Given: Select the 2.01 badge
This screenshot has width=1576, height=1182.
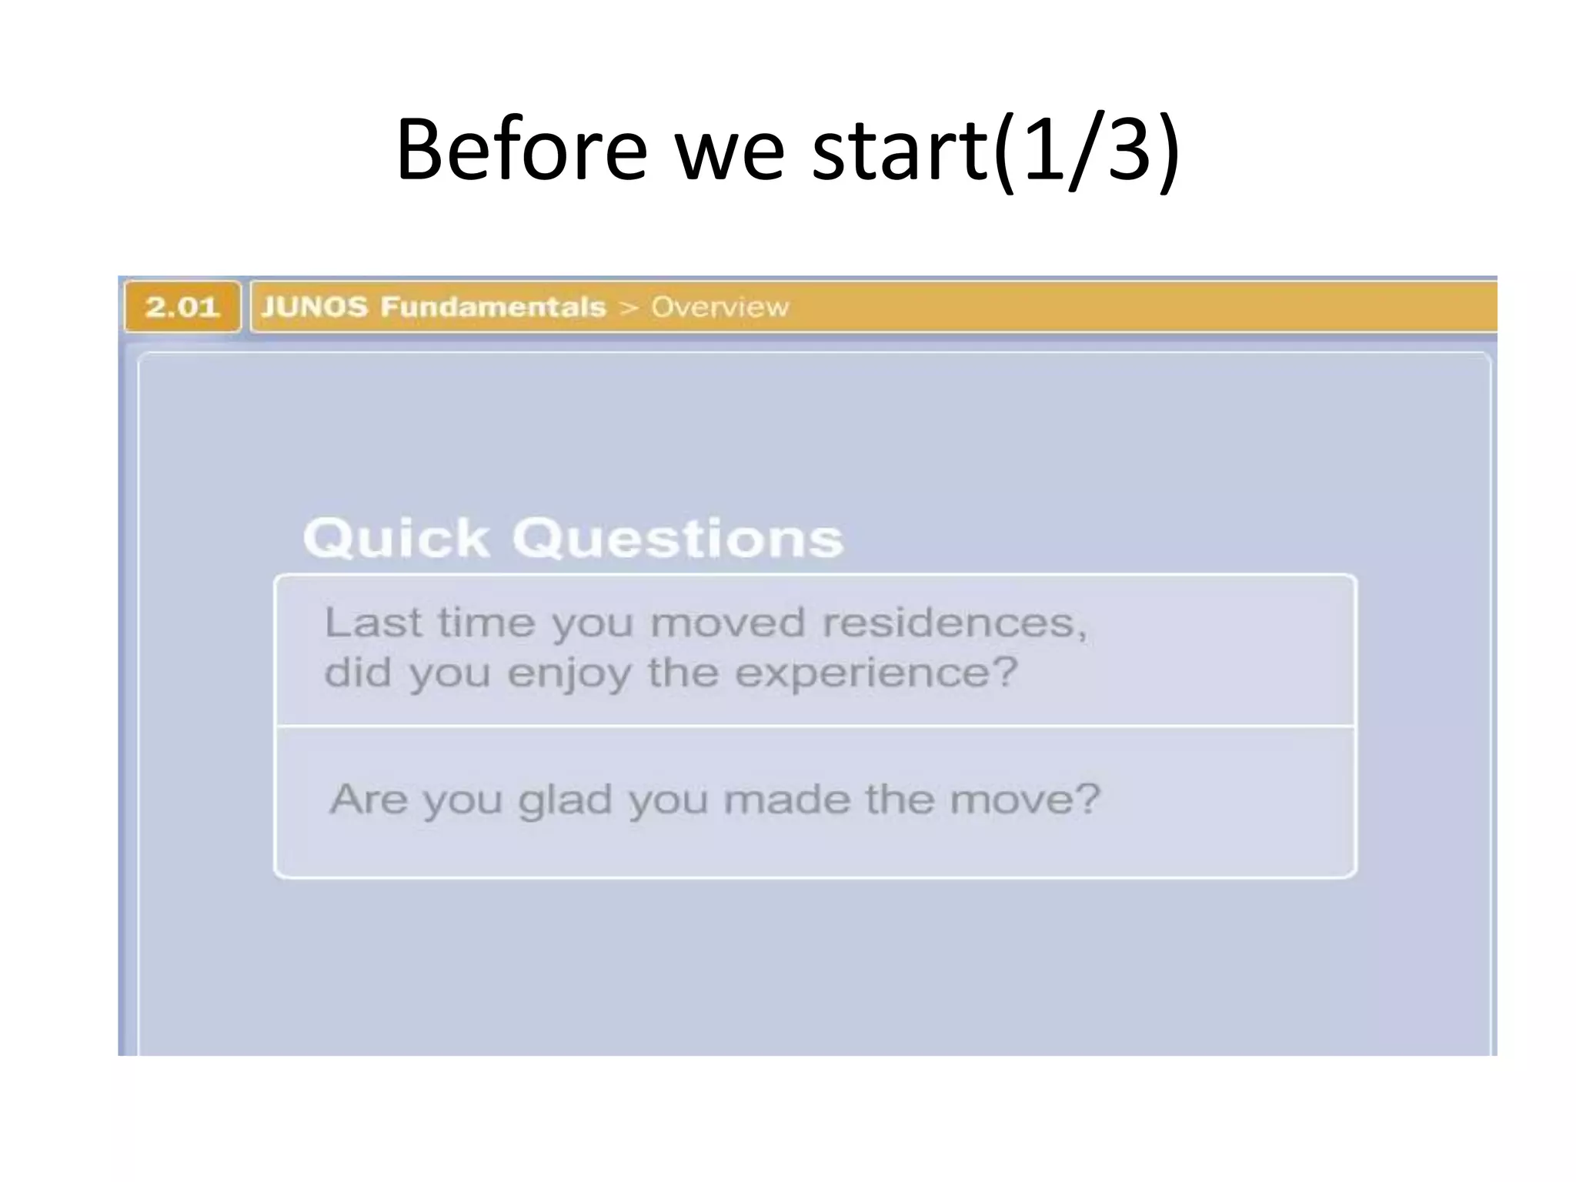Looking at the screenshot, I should tap(182, 307).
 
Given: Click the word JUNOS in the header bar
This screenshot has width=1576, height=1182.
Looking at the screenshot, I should tap(315, 307).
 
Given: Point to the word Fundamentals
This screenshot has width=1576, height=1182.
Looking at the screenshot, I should tap(493, 307).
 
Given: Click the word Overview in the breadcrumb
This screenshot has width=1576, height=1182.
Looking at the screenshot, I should tap(720, 307).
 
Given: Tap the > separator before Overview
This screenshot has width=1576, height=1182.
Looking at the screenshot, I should tap(629, 308).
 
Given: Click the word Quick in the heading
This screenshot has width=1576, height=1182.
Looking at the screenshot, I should tap(396, 538).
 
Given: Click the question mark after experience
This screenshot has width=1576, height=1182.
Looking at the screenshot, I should tap(1004, 672).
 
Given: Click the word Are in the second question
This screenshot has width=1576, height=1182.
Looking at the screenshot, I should tap(368, 799).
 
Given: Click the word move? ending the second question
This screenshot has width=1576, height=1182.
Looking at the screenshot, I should tap(1024, 799).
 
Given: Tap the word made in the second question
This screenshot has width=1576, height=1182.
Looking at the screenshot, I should tap(786, 799).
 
